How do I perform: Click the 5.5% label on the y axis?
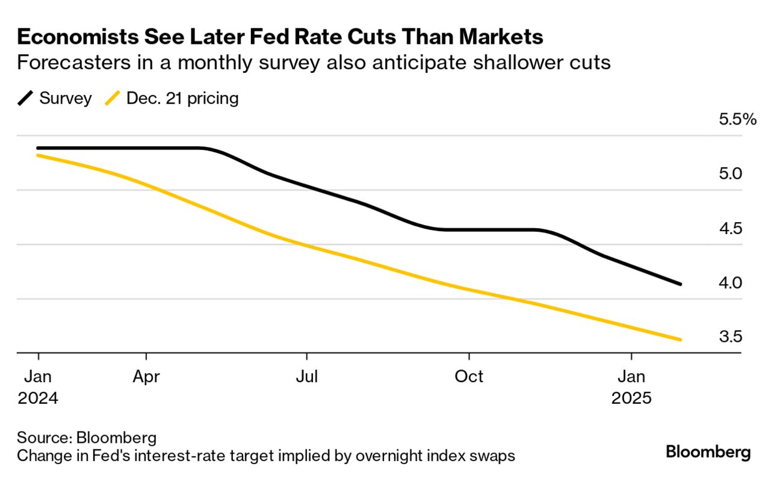pyautogui.click(x=737, y=119)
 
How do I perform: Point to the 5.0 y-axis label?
pyautogui.click(x=730, y=174)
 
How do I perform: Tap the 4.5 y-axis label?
pyautogui.click(x=730, y=229)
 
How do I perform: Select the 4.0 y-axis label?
pyautogui.click(x=730, y=283)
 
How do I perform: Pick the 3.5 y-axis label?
pyautogui.click(x=730, y=336)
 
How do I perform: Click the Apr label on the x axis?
pyautogui.click(x=146, y=377)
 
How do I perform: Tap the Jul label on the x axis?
pyautogui.click(x=307, y=377)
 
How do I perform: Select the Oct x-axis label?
pyautogui.click(x=469, y=377)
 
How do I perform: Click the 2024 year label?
pyautogui.click(x=38, y=398)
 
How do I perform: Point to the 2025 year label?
pyautogui.click(x=631, y=398)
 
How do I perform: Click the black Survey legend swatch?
pyautogui.click(x=25, y=98)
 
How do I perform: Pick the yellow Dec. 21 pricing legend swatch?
pyautogui.click(x=112, y=98)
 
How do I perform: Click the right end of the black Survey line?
pyautogui.click(x=680, y=284)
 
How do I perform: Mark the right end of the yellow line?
pyautogui.click(x=680, y=340)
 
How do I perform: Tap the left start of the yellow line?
pyautogui.click(x=38, y=155)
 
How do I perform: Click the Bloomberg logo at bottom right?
pyautogui.click(x=708, y=452)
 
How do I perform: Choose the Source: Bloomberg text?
pyautogui.click(x=87, y=437)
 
